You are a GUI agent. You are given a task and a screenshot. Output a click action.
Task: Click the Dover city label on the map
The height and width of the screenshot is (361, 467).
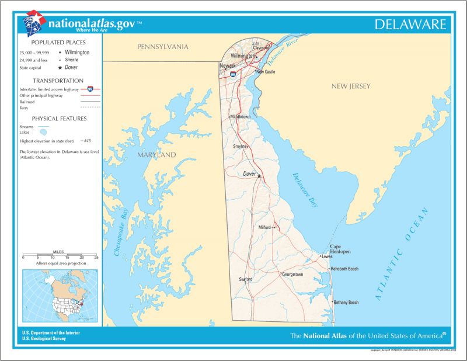[250, 173]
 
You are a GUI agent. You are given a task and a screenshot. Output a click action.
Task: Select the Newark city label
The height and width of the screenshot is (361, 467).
[228, 65]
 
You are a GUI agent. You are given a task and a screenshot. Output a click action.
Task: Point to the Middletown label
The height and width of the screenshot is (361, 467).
[241, 117]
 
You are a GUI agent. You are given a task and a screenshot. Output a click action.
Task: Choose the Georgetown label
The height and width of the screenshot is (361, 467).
[292, 274]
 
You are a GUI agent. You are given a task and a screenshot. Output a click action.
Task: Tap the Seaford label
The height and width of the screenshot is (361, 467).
[246, 279]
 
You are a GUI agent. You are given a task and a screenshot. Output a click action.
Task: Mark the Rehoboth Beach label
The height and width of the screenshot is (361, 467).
[345, 269]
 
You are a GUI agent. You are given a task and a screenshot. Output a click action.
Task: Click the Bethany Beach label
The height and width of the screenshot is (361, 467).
[346, 303]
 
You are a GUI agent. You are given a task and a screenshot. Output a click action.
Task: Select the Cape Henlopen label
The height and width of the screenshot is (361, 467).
[340, 249]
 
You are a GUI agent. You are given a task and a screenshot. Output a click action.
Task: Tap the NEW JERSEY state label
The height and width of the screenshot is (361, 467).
[351, 86]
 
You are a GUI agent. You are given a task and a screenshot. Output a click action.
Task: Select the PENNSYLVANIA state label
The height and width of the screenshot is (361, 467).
[163, 46]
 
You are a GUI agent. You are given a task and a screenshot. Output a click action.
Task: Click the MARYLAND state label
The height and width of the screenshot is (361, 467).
[156, 155]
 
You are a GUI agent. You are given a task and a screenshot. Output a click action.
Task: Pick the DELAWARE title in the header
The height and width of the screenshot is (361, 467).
[410, 24]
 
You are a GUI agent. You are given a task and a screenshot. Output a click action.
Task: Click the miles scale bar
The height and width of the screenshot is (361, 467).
[60, 255]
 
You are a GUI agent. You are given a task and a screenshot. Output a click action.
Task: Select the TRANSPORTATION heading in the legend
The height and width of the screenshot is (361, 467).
[58, 81]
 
